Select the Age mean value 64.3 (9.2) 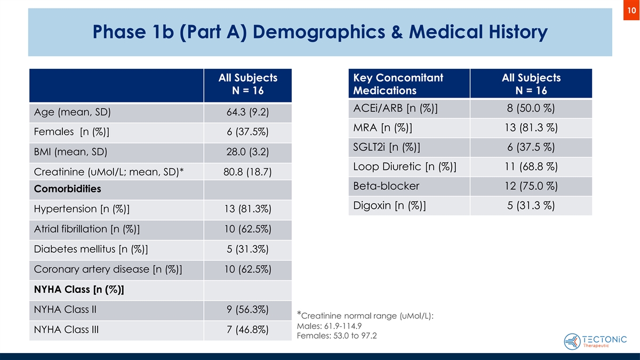pyautogui.click(x=247, y=113)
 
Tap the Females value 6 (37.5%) pyautogui.click(x=247, y=132)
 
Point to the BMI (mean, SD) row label pyautogui.click(x=70, y=151)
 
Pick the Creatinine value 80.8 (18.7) pyautogui.click(x=247, y=171)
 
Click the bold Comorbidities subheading pyautogui.click(x=67, y=189)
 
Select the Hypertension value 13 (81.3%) pyautogui.click(x=247, y=210)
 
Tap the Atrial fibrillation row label pyautogui.click(x=87, y=229)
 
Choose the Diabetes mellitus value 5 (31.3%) pyautogui.click(x=247, y=249)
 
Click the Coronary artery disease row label pyautogui.click(x=108, y=269)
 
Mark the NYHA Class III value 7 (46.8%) pyautogui.click(x=247, y=330)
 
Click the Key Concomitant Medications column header pyautogui.click(x=398, y=84)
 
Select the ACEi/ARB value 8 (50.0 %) pyautogui.click(x=531, y=109)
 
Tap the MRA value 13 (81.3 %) pyautogui.click(x=531, y=128)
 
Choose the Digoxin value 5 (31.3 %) pyautogui.click(x=531, y=205)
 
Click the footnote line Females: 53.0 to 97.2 pyautogui.click(x=332, y=335)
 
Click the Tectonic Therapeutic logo pyautogui.click(x=595, y=340)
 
